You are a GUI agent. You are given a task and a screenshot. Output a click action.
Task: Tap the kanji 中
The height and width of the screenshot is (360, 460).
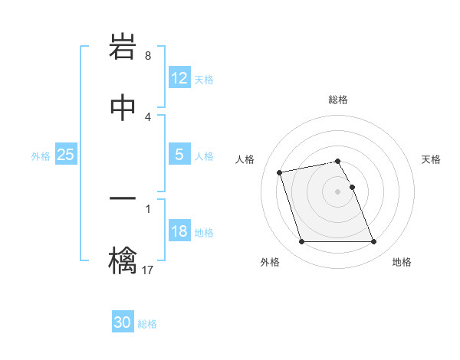[x=123, y=107]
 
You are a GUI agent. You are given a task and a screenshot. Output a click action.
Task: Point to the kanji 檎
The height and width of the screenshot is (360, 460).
[x=123, y=259]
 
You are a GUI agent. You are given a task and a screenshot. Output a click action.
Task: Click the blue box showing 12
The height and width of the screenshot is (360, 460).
[x=179, y=78]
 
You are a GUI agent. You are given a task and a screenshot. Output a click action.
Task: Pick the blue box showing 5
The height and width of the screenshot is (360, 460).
[x=179, y=155]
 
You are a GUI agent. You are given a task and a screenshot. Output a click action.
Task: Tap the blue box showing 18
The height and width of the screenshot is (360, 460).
[x=179, y=231]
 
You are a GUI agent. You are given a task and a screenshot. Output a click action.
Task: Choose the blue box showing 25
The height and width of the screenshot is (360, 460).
[x=65, y=155]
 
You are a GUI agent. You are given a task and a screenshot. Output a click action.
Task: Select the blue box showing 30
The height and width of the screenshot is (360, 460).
[x=123, y=322]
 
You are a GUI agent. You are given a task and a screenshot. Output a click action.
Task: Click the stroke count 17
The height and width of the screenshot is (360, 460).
[x=148, y=270]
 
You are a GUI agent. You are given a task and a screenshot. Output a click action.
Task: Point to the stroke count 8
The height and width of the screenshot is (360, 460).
[x=148, y=56]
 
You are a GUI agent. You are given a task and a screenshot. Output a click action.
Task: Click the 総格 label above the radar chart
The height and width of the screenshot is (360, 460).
[x=338, y=100]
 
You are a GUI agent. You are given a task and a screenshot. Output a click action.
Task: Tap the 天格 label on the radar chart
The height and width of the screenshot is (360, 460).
[x=432, y=159]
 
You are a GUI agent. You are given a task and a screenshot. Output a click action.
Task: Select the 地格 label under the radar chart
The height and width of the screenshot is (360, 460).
[x=402, y=263]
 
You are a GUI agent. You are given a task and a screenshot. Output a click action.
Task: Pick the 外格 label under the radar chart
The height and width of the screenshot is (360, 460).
[x=270, y=263]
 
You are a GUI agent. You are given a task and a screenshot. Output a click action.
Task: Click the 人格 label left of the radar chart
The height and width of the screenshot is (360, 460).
[x=245, y=159]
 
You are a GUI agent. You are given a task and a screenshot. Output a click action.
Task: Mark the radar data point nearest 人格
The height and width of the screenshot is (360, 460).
[x=280, y=172]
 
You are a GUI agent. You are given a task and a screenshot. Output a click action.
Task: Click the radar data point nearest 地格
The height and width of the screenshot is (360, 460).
[x=373, y=242]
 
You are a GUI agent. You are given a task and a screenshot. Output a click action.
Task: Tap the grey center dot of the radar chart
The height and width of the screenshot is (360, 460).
[x=338, y=191]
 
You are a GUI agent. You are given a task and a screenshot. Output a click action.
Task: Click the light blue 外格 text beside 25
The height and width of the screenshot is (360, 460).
[x=41, y=156]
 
